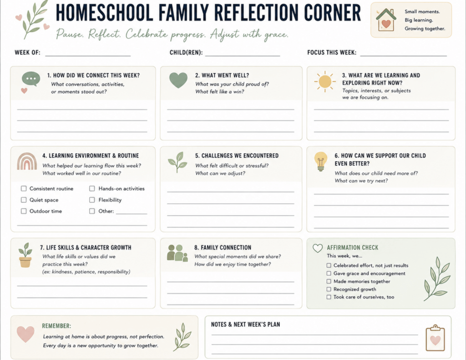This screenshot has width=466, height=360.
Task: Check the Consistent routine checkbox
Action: [24, 188]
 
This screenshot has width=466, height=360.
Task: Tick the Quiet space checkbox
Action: [24, 200]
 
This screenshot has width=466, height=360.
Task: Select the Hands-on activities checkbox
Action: [92, 188]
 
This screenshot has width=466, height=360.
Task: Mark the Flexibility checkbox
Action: [92, 200]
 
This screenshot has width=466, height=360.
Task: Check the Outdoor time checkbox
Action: [24, 211]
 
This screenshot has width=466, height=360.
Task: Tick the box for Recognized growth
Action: [329, 289]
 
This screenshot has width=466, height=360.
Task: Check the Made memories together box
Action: [329, 281]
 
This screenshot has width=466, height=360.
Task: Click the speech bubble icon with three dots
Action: [31, 79]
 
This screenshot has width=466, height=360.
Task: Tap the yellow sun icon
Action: [325, 81]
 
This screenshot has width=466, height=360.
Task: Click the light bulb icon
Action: [321, 161]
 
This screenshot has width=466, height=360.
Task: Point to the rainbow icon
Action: [27, 162]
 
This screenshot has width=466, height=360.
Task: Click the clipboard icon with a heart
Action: [436, 338]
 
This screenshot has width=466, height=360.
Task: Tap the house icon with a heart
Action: [386, 20]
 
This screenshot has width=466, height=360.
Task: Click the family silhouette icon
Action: [177, 253]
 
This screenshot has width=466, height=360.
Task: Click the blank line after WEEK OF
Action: [88, 56]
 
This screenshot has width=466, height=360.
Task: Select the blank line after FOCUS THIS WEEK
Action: [404, 56]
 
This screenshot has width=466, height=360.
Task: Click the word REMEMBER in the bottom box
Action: [56, 326]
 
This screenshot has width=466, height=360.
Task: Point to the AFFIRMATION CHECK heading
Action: [353, 248]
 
